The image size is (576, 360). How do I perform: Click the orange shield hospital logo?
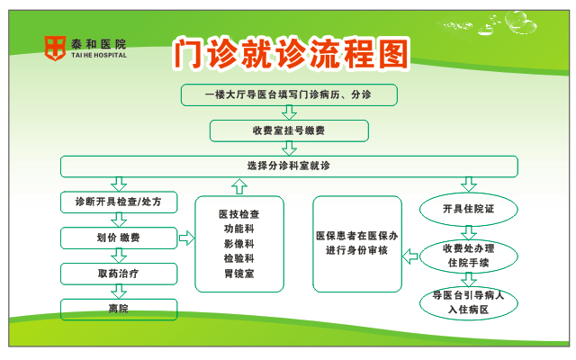tap(55, 48)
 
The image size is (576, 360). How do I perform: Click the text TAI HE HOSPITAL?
tap(99, 56)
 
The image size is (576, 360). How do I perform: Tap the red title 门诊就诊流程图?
tap(291, 54)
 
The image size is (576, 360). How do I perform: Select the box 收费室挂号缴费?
tap(289, 130)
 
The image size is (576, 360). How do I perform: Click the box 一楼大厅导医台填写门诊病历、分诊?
tap(289, 95)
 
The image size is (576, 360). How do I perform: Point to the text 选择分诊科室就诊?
tap(289, 166)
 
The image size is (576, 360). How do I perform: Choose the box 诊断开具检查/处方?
tap(119, 202)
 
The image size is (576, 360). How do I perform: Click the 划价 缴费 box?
tap(119, 238)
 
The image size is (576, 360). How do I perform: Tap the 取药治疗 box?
tap(119, 274)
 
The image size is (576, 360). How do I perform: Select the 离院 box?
tap(119, 310)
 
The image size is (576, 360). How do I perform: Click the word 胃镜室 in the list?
tap(239, 274)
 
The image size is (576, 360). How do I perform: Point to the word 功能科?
tap(239, 229)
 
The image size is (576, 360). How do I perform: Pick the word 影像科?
tap(239, 244)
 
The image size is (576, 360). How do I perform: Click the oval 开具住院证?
tap(469, 210)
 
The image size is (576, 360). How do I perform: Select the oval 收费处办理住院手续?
tap(469, 256)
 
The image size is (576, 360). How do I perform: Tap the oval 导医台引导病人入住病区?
tap(469, 303)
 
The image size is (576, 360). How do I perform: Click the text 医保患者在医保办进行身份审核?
tap(356, 243)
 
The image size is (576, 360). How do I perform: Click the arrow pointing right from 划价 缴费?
tap(186, 238)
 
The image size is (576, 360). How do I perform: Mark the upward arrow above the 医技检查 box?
tap(239, 186)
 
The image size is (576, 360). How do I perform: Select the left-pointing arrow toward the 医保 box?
tap(410, 256)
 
